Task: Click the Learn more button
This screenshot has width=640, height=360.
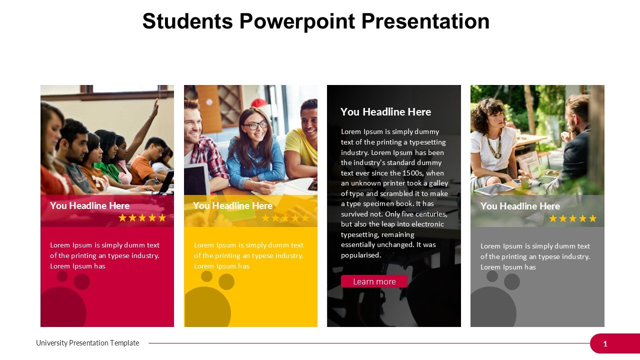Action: pos(374,281)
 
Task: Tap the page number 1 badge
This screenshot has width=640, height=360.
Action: pos(605,343)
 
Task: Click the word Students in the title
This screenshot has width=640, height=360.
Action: pos(187,21)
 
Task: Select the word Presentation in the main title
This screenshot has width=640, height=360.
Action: pos(425,21)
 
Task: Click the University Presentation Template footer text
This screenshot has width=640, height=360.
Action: pos(87,343)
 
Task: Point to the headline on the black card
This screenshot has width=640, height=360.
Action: pos(385,112)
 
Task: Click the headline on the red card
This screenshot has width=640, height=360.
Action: pos(89,205)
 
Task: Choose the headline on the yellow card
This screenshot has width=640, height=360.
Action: pos(232,205)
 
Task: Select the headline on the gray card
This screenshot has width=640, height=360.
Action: pos(520,206)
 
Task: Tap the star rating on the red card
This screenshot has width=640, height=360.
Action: pos(142,218)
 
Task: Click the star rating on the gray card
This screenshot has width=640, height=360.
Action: pos(572,218)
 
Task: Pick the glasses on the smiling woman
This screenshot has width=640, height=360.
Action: pos(255,125)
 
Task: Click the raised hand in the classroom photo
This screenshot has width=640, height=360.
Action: pos(155,107)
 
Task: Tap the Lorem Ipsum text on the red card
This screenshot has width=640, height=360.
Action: pos(104,255)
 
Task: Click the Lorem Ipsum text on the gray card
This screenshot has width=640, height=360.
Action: pos(535,256)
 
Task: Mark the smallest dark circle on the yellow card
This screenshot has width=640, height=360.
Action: pos(206,276)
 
